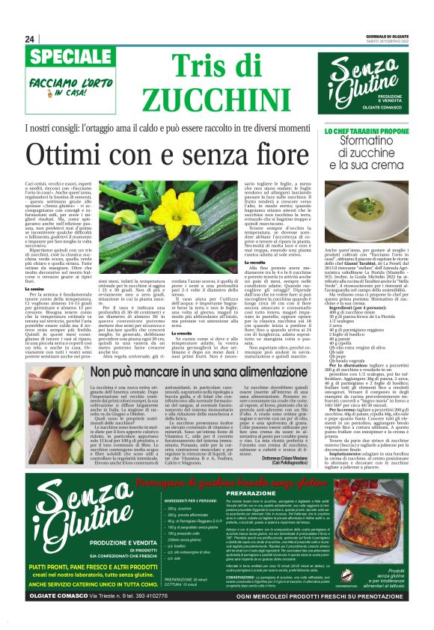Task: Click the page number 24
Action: click(29, 40)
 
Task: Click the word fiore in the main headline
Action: click(290, 155)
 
